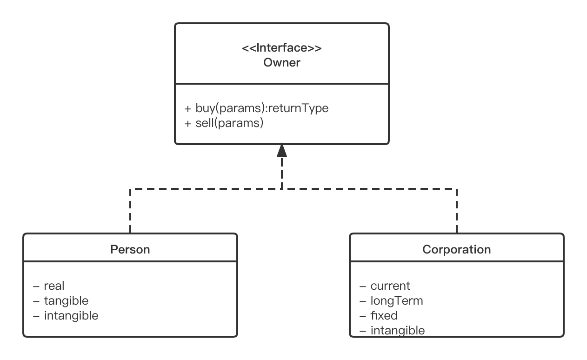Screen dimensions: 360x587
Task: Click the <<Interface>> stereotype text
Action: (281, 48)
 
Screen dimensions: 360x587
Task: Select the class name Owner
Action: (282, 62)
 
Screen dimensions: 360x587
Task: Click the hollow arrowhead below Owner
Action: (282, 150)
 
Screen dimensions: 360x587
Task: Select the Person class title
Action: (130, 249)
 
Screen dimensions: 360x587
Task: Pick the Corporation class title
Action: (456, 249)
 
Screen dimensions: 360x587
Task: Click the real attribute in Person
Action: (54, 286)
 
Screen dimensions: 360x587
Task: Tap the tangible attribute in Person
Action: (66, 300)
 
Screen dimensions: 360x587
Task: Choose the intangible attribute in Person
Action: (71, 315)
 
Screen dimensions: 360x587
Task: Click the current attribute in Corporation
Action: (390, 286)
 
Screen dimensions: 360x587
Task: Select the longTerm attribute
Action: (397, 300)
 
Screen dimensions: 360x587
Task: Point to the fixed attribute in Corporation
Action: (384, 315)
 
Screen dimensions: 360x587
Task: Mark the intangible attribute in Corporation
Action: (398, 330)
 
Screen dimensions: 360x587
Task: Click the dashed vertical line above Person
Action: (130, 212)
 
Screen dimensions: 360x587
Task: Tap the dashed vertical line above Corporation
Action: (457, 212)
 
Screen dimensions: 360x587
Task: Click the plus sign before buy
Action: (188, 109)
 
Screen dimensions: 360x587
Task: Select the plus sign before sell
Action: (188, 124)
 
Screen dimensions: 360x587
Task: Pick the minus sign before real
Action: (37, 286)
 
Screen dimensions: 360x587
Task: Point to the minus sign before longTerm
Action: (363, 301)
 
